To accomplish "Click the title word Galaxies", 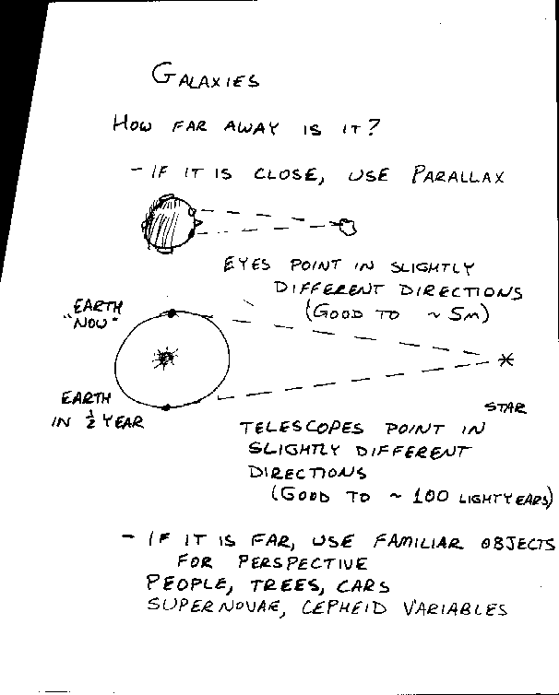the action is point(205,77).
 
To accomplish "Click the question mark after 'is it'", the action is point(373,127).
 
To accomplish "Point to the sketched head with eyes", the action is point(169,224).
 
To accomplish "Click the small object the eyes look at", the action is point(349,227).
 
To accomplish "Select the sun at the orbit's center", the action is point(165,359).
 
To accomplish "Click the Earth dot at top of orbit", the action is point(172,313).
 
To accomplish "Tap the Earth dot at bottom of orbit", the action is point(166,407).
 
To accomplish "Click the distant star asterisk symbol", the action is point(505,359).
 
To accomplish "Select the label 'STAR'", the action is point(505,407).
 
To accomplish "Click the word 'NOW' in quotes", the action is point(91,323).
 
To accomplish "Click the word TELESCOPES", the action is point(302,429).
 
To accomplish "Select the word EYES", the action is point(246,265).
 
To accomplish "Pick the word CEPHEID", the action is point(344,607).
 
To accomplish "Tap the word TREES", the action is point(285,586).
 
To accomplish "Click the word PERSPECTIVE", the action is point(303,563).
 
